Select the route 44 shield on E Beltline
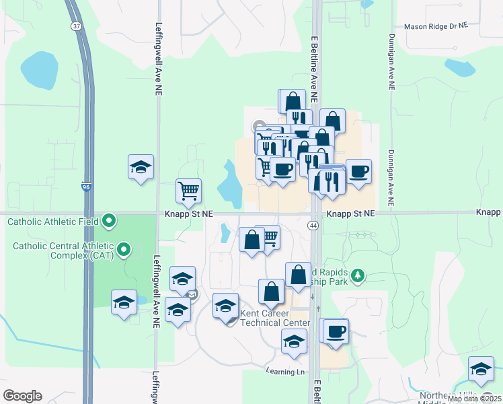314,226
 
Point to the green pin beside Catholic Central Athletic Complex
123,250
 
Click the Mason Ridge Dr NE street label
435,26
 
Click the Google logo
22,396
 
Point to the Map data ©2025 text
474,399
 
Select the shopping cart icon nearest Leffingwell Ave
189,190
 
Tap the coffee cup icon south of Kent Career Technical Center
335,331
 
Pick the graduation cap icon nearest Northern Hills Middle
481,370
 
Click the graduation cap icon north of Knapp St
141,168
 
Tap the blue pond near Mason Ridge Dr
460,68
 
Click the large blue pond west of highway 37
40,71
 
